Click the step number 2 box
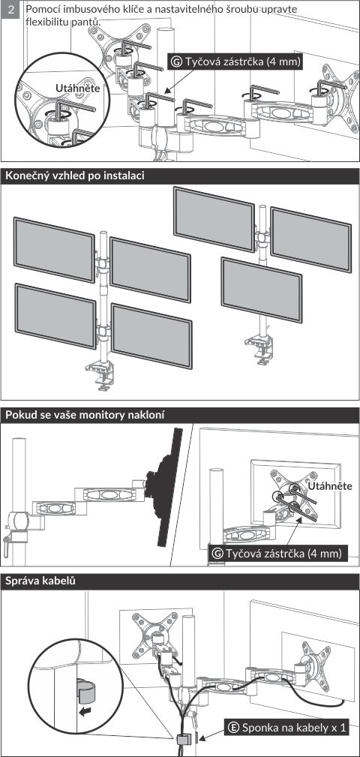[x=11, y=10]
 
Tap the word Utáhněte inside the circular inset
[x=78, y=89]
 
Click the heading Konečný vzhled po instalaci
[x=75, y=176]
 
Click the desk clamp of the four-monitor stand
[x=101, y=375]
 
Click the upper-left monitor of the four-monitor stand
[x=54, y=250]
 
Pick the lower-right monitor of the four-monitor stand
[x=151, y=335]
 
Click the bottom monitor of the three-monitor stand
[x=262, y=290]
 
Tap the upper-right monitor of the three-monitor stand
[x=310, y=239]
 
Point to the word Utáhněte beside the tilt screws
[x=330, y=485]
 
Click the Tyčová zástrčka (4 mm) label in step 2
[x=235, y=62]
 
